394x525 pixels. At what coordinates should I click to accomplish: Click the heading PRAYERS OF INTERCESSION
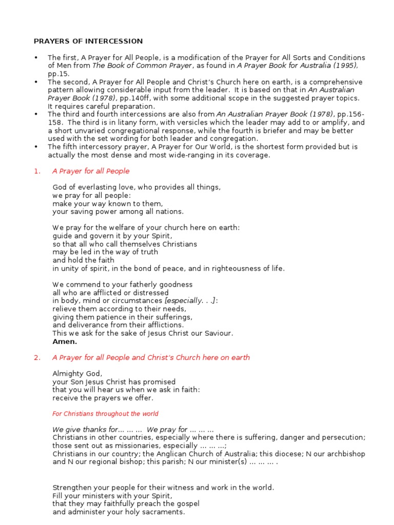pos(88,41)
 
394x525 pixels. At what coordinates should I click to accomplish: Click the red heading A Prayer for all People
pos(91,171)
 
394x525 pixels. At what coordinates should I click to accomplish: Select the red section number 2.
pos(36,357)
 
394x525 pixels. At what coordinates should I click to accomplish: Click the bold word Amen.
pos(65,341)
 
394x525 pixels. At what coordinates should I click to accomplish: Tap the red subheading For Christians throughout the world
pos(105,414)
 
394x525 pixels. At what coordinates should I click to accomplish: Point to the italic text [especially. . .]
pos(190,300)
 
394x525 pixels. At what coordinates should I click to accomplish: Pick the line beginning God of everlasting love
pos(136,187)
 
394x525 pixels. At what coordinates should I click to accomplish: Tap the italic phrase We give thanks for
pos(85,429)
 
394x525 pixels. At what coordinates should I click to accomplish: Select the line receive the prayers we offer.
pos(103,398)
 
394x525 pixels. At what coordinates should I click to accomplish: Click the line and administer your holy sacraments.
pos(119,512)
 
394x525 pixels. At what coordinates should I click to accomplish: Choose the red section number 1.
pos(36,171)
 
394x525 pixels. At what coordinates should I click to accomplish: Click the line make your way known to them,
pos(101,203)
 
